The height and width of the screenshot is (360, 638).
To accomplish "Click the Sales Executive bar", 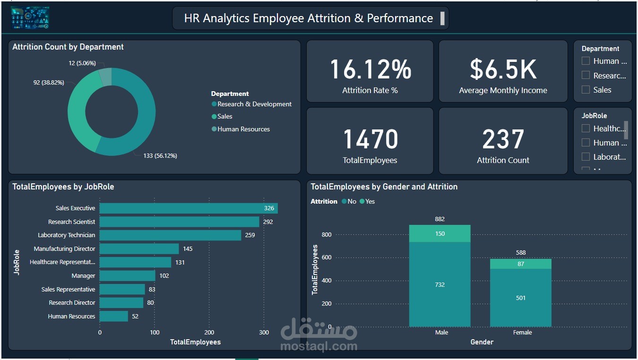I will [188, 208].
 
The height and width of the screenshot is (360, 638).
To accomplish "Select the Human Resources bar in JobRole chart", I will [113, 316].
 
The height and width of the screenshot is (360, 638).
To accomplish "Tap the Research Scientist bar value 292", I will [268, 222].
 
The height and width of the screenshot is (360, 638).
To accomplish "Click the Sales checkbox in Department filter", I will [586, 90].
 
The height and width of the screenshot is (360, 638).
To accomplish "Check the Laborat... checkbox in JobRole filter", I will [586, 156].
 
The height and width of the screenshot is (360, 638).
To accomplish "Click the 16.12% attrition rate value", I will [370, 69].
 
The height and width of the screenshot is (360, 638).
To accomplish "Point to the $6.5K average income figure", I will [503, 69].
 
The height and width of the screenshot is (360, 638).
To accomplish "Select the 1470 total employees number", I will [370, 139].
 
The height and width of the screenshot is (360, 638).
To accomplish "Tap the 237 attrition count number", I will [503, 139].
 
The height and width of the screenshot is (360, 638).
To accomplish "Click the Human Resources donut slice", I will [105, 77].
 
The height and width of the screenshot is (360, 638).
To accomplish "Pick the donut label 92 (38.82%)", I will [49, 83].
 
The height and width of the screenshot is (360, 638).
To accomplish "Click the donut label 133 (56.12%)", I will [160, 155].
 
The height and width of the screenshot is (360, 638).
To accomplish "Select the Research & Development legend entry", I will [254, 104].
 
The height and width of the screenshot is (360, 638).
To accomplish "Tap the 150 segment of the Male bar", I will [440, 233].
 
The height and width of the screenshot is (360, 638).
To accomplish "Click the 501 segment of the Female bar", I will [520, 298].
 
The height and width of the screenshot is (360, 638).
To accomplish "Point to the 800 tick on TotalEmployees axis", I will [327, 235].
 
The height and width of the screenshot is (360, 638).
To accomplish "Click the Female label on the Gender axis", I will [522, 333].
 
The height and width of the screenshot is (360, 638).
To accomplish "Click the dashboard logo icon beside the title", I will [30, 18].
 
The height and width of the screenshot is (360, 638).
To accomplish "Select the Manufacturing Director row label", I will [64, 249].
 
